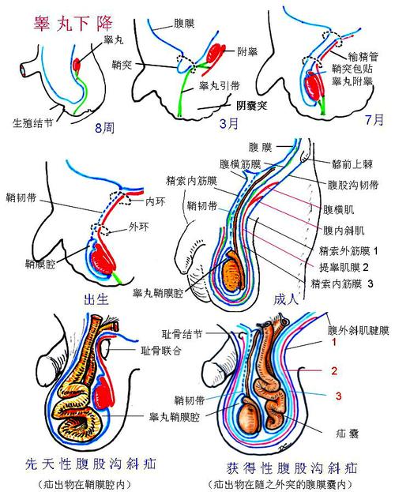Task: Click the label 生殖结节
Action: pos(33,123)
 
